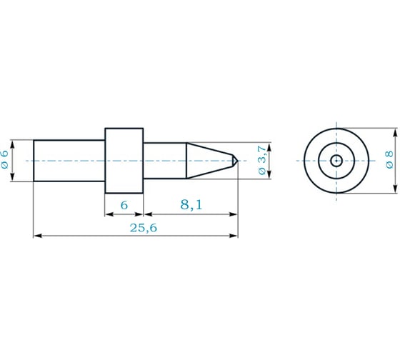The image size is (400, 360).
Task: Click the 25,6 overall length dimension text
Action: [144, 228]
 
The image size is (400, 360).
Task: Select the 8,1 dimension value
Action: [191, 205]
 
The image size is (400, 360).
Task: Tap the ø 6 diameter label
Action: [5, 159]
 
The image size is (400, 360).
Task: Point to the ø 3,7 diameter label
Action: [263, 160]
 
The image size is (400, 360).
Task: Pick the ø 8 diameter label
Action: [389, 160]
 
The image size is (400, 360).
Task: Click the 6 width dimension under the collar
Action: [124, 205]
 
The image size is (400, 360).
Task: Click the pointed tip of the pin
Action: [238, 161]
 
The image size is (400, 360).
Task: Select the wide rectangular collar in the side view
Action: [124, 161]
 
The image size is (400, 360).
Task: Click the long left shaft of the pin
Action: [69, 161]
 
